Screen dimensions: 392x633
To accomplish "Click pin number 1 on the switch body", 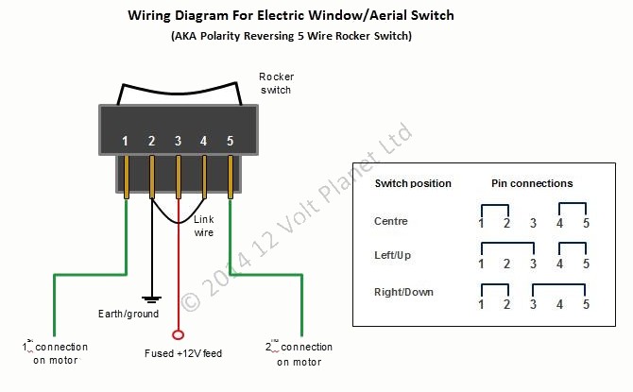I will (x=126, y=141).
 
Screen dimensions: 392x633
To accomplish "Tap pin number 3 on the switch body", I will (x=178, y=141).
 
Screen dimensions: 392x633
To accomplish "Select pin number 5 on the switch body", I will (x=231, y=141).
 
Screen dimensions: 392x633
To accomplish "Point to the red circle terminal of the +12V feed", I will (x=179, y=334).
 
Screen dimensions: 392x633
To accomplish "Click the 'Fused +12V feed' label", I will (x=183, y=353).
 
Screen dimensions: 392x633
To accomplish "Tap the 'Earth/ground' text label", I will (x=128, y=314).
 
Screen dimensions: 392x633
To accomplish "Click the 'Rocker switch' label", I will (x=276, y=83).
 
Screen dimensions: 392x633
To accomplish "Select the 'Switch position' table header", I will (x=413, y=183).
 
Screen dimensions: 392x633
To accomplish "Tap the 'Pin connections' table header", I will (x=532, y=183).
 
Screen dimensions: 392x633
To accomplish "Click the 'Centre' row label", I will (x=392, y=220).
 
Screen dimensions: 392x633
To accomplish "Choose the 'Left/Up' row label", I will (x=393, y=256).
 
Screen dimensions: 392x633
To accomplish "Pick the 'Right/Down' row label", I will (x=403, y=292).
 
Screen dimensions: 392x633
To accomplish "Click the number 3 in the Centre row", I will (x=534, y=224).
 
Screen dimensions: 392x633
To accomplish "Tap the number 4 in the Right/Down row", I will (x=560, y=304).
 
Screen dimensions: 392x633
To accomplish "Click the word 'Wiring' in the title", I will (x=152, y=17).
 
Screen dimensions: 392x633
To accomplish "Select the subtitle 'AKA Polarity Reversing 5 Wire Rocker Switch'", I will (x=291, y=36).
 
